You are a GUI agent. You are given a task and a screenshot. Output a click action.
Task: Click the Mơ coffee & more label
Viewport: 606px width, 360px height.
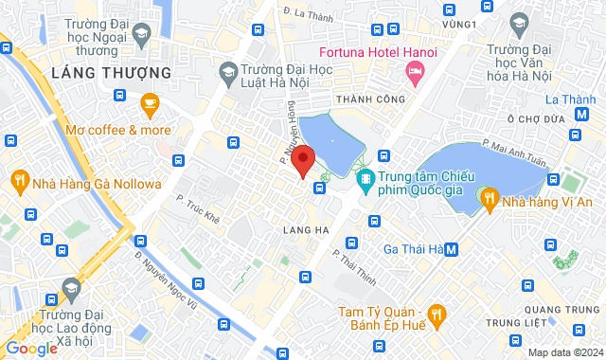[118, 130]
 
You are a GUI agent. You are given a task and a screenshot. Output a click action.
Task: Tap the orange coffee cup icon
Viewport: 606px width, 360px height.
[149, 102]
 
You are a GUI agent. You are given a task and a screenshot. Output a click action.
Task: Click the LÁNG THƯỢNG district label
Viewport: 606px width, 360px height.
[112, 72]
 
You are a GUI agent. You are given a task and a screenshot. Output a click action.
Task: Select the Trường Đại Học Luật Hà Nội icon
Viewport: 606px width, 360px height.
[228, 70]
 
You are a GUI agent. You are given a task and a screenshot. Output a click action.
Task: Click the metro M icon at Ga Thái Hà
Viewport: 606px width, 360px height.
[452, 249]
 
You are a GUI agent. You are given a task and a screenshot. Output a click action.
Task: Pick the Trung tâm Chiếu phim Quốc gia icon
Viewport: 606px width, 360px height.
[365, 178]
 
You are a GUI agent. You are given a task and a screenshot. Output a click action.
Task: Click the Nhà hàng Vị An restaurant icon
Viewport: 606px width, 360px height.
[488, 198]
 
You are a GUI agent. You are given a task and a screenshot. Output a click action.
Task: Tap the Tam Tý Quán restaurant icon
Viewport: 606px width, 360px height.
[436, 313]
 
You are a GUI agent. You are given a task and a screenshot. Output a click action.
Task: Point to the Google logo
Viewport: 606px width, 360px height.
[30, 348]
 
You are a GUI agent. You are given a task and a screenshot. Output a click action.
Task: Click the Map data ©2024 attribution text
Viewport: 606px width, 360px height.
[564, 352]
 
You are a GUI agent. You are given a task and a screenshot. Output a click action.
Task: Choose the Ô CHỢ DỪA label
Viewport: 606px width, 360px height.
[536, 119]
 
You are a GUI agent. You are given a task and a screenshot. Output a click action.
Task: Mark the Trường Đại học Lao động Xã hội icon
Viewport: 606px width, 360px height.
[71, 287]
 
